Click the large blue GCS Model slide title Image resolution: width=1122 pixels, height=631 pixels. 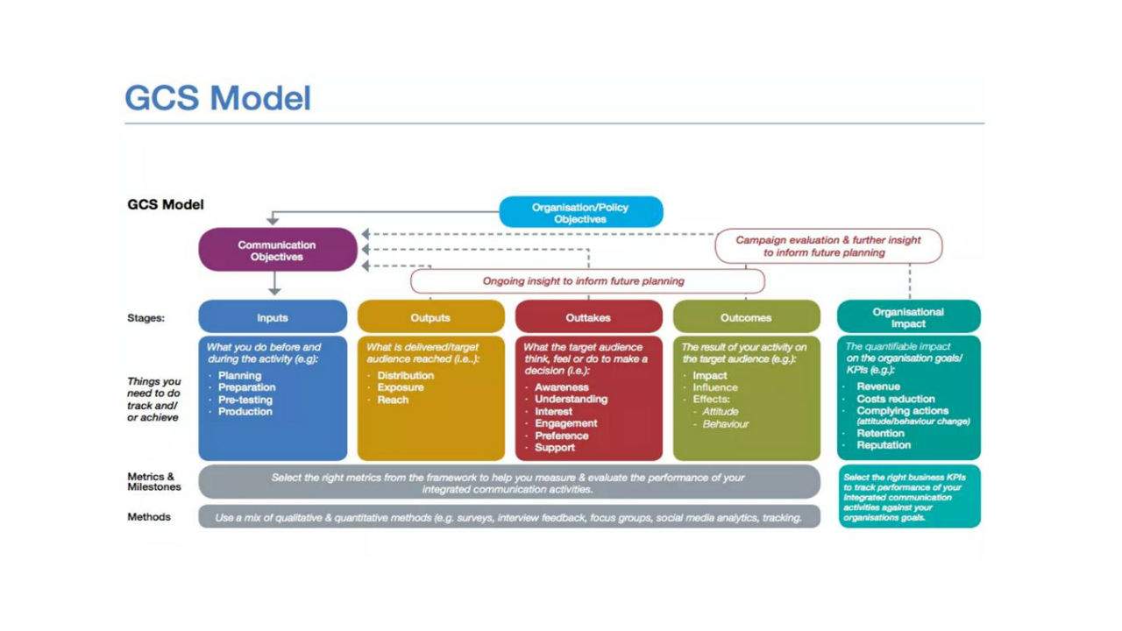tap(217, 98)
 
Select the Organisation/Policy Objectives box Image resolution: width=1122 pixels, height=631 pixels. tap(580, 212)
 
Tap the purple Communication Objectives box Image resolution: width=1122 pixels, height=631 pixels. tap(277, 251)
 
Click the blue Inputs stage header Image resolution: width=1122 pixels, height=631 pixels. tap(273, 317)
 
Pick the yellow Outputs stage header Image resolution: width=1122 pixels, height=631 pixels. tap(430, 317)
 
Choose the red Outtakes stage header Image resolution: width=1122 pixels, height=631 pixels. tap(588, 317)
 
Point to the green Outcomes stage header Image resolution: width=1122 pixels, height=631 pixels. tap(746, 317)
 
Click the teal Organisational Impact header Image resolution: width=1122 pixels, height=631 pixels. tap(908, 317)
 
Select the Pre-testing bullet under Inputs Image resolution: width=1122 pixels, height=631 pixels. tap(245, 400)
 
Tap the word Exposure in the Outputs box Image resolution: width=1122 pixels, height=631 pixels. tap(401, 387)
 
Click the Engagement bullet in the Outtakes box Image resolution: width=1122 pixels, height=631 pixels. tap(566, 423)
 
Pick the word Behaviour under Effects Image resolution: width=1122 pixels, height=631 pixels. tap(726, 424)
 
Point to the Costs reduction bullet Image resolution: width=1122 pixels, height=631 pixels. tap(896, 399)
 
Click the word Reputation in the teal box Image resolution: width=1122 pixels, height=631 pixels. tap(884, 444)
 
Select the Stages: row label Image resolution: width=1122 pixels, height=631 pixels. tap(146, 318)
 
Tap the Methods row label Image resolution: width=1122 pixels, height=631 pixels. tap(149, 517)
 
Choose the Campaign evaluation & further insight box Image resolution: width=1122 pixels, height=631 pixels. tap(828, 246)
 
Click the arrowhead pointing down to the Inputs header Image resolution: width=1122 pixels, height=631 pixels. tap(274, 288)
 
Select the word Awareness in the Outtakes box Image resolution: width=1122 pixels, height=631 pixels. tap(562, 387)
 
